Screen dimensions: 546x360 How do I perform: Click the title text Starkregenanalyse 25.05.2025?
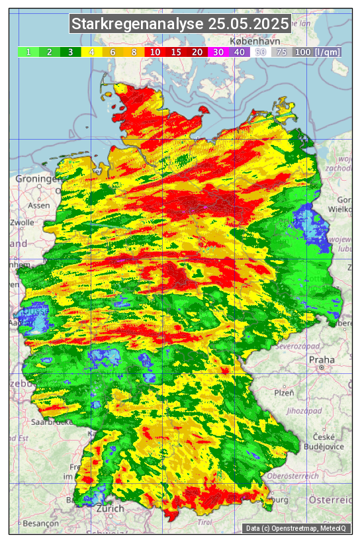(180, 24)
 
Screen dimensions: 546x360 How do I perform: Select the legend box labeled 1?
(28, 52)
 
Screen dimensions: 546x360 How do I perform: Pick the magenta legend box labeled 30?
(218, 52)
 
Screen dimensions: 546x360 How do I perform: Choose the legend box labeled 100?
(302, 52)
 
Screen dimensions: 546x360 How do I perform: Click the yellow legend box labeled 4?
(93, 52)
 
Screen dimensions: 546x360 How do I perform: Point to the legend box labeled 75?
(281, 52)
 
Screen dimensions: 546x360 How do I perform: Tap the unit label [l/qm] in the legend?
(328, 52)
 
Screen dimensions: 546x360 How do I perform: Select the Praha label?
(322, 359)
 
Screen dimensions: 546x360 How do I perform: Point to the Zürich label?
(109, 508)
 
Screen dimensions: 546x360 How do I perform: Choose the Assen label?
(40, 205)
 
